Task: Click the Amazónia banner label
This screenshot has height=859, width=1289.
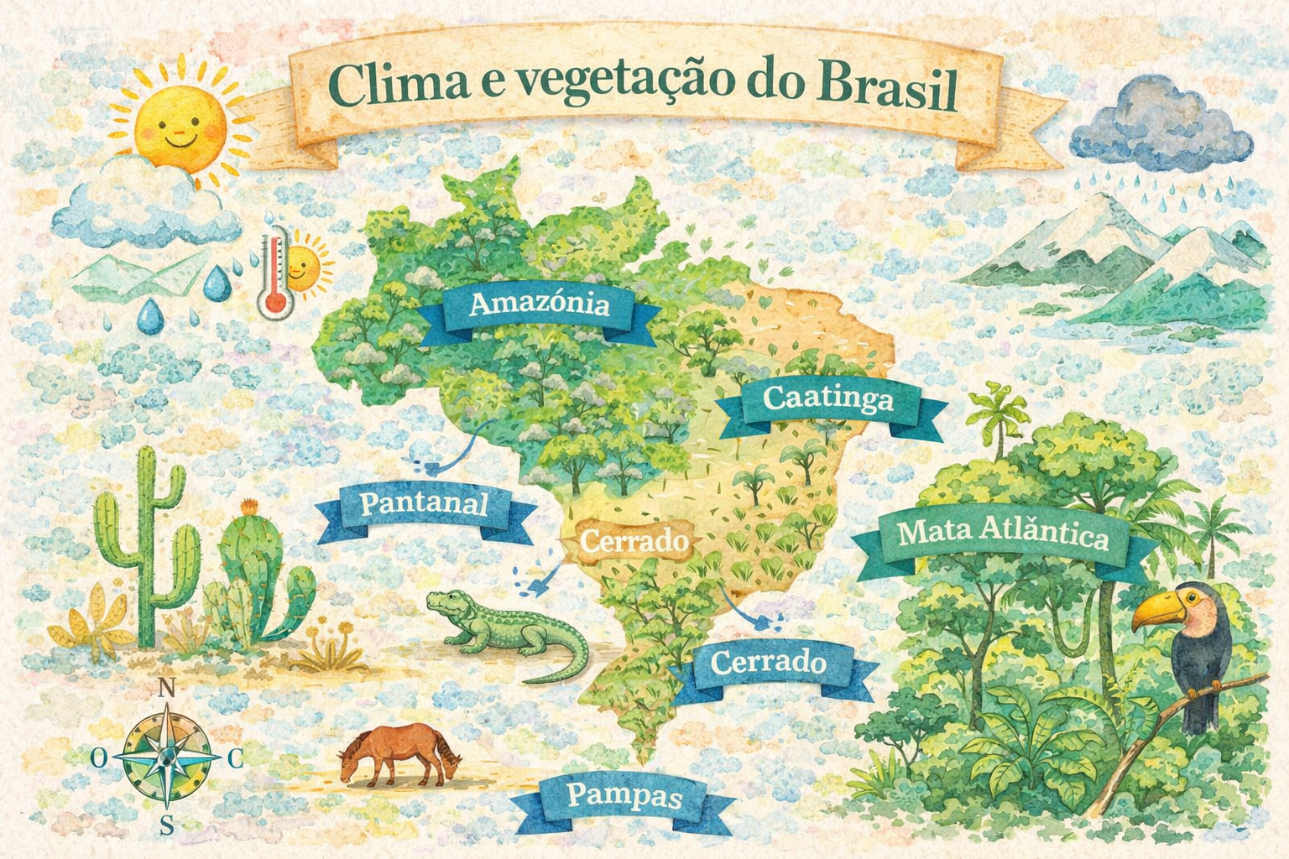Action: (x=539, y=304)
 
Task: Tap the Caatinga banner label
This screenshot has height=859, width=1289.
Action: (x=828, y=398)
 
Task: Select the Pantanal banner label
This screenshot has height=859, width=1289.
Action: (x=424, y=503)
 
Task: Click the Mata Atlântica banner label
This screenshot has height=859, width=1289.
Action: (x=1003, y=534)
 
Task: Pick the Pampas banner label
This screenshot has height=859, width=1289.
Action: (x=624, y=795)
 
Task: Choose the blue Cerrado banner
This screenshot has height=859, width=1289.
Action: (x=768, y=663)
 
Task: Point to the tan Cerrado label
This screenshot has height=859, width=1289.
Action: (x=634, y=541)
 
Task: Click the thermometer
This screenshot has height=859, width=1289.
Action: (x=274, y=277)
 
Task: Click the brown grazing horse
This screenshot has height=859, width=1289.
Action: (x=399, y=755)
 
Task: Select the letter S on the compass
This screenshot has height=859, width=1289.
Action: (x=167, y=825)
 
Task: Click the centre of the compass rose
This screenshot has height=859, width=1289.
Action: (x=167, y=757)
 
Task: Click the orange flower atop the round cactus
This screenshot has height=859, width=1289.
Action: (x=248, y=508)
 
